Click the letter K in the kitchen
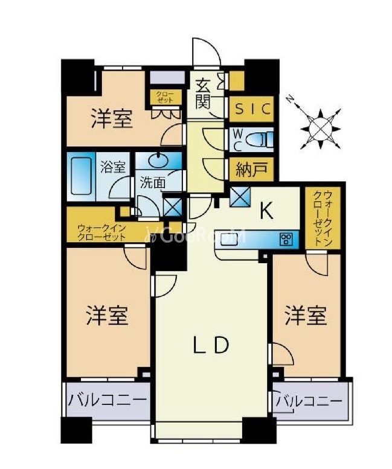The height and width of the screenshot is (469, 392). coord(266,211)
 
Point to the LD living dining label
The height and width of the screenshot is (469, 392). coord(211,345)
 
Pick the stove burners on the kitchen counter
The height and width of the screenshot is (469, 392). coord(286,239)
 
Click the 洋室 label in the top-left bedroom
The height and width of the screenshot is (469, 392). coord(112,119)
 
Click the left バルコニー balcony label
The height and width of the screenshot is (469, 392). coord(107,400)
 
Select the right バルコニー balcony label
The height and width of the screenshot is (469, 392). coord(309,401)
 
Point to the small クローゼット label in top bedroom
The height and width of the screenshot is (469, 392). coord(164,97)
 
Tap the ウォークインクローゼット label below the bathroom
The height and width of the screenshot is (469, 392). coord(101,232)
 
